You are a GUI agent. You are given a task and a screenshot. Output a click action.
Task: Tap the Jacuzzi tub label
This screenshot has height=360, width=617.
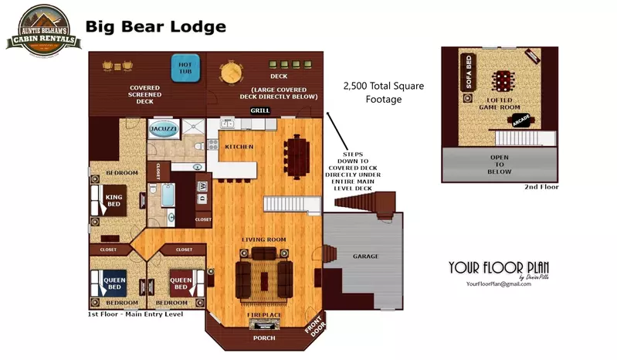163,128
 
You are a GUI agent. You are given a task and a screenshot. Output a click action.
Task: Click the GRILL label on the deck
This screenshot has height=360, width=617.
260,110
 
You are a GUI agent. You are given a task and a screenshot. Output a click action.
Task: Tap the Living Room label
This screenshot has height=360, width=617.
264,239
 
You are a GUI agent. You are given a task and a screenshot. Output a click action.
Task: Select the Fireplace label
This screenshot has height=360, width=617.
264,314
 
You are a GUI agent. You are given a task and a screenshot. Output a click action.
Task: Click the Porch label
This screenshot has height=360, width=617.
264,338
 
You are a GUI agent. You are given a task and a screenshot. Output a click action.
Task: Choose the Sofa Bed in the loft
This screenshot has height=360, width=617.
468,73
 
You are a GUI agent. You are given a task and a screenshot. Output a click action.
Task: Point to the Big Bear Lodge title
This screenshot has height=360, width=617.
155,27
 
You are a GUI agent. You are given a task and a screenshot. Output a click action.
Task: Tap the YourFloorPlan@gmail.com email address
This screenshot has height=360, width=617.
498,284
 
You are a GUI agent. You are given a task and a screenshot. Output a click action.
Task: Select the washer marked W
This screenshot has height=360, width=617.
202,185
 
